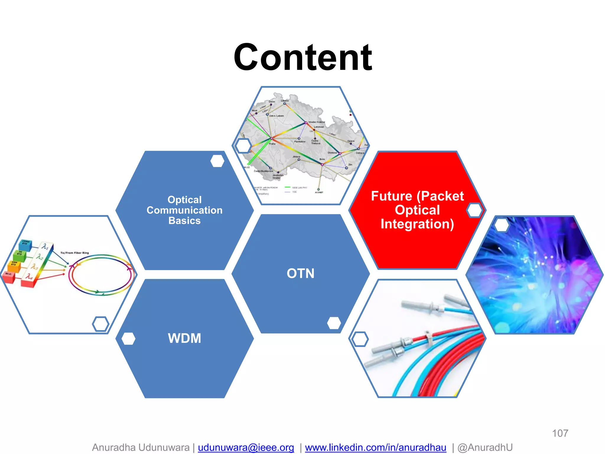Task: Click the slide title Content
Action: click(x=302, y=57)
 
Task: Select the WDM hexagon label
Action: click(x=184, y=338)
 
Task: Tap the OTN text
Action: click(x=300, y=273)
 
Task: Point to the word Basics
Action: click(x=184, y=221)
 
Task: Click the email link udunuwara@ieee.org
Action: click(x=246, y=447)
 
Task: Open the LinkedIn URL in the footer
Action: click(x=375, y=447)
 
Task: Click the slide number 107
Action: click(x=560, y=433)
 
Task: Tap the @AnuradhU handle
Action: click(x=485, y=447)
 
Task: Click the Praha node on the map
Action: click(x=271, y=138)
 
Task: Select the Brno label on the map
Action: click(x=322, y=159)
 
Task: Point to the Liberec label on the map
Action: click(x=285, y=101)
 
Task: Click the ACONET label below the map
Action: click(x=319, y=192)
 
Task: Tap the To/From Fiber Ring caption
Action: click(x=74, y=253)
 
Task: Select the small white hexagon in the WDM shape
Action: click(x=129, y=339)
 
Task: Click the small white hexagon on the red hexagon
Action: click(x=475, y=210)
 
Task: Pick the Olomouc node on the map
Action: click(x=340, y=153)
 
